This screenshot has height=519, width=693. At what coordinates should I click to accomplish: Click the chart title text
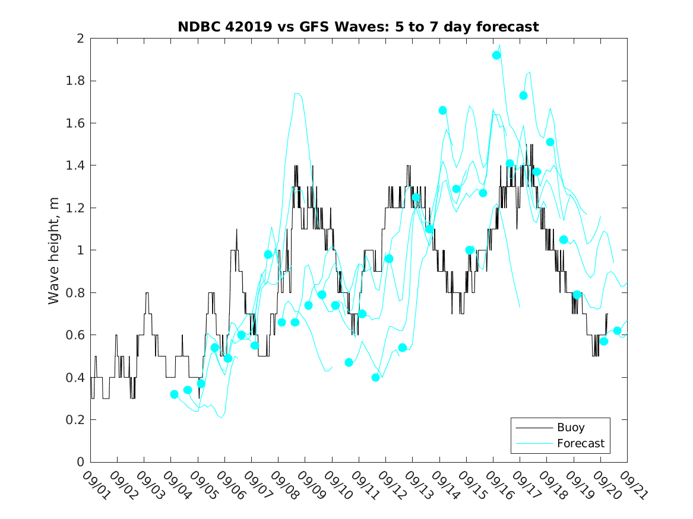[358, 27]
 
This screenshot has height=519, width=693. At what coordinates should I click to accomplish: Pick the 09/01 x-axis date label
[96, 486]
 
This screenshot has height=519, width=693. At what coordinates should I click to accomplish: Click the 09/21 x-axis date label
[632, 486]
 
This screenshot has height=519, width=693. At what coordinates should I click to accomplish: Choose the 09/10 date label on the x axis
[337, 486]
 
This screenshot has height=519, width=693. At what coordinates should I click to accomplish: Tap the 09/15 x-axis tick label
[472, 486]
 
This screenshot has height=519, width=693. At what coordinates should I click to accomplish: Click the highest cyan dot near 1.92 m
[496, 55]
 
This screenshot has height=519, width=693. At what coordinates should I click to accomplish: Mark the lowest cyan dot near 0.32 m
[174, 394]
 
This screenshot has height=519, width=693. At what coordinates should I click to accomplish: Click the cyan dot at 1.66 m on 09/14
[442, 110]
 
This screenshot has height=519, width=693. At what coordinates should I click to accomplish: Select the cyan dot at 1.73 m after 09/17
[523, 95]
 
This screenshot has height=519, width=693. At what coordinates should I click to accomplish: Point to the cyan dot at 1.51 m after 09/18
[550, 142]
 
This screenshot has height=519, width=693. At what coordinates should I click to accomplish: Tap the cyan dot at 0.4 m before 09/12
[375, 377]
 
